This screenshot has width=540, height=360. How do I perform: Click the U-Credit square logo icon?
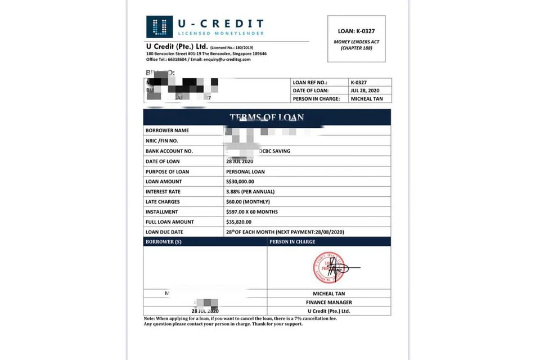click(159, 27)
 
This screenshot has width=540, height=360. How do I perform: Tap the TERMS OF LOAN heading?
click(267, 118)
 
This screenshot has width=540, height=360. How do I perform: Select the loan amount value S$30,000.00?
click(240, 182)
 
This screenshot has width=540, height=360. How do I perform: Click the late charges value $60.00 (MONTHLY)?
click(248, 202)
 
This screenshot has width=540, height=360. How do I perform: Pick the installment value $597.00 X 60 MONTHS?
click(252, 212)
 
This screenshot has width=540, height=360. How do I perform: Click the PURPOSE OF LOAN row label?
click(168, 172)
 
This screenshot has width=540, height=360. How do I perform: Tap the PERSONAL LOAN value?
click(245, 172)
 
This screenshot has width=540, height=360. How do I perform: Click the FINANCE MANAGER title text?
click(328, 302)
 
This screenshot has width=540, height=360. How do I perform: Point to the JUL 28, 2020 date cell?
click(366, 91)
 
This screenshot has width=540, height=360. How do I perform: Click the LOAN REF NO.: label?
click(310, 83)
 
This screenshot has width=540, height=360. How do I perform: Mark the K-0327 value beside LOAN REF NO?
click(358, 83)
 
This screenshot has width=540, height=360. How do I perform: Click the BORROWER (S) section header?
click(164, 242)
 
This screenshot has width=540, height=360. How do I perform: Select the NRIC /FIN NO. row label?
click(162, 141)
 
